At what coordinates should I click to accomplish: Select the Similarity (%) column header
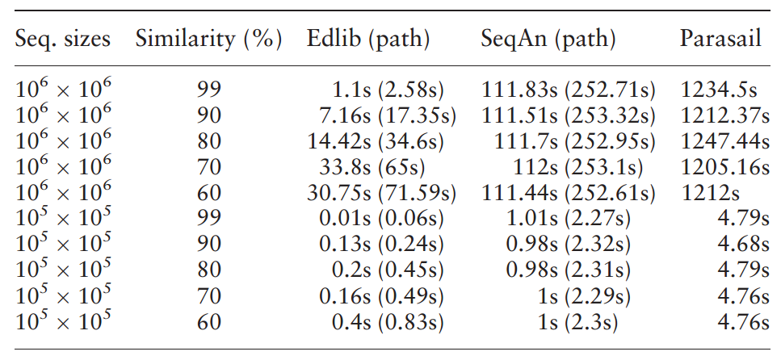tap(208, 38)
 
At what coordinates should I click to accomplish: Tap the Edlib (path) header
tap(367, 38)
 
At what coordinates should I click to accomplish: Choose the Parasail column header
tap(720, 38)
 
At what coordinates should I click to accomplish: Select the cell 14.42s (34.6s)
tap(382, 141)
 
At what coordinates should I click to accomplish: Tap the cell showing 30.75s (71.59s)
tap(382, 194)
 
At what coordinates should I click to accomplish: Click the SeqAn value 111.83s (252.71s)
tap(569, 90)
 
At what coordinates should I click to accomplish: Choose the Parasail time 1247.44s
tap(724, 141)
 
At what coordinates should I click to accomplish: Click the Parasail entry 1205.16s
tap(724, 167)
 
